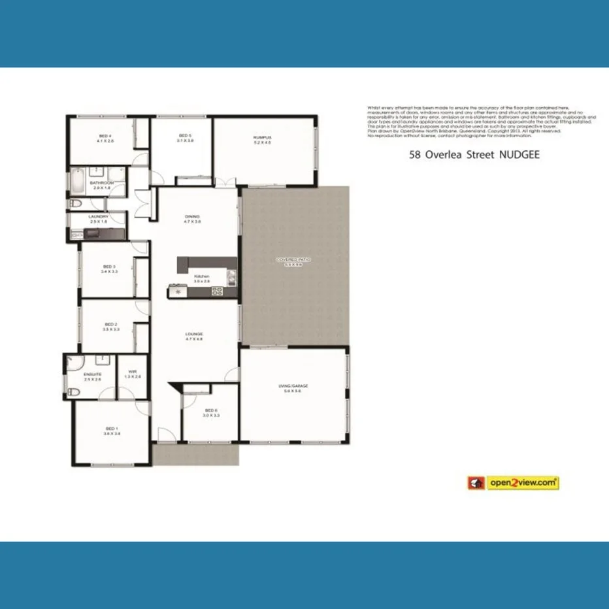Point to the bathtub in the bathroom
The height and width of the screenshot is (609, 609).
coord(76,181)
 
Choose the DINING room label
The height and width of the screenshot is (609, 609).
coord(192,217)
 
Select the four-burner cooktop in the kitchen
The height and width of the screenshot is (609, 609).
coord(216,291)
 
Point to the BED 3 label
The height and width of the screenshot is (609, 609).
coord(110,267)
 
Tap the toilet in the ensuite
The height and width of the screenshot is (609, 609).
coord(73,391)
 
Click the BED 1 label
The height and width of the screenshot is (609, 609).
coord(112,429)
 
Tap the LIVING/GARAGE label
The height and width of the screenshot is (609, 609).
coord(293,386)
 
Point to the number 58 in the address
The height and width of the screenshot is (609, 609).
coord(414,156)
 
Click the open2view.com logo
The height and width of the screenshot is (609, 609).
coord(513,483)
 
